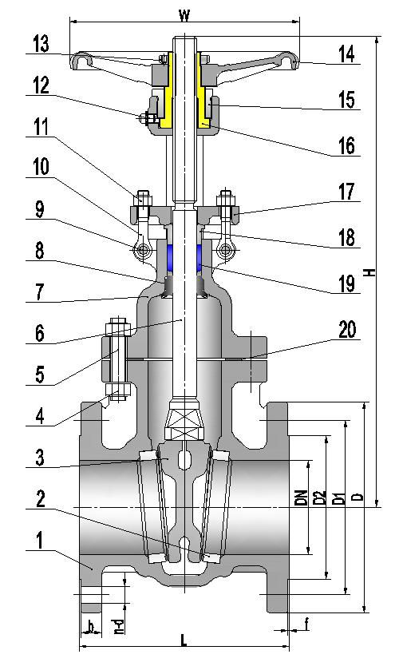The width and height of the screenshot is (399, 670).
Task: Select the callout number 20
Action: (x=347, y=330)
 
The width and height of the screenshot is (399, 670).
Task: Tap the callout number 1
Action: (x=38, y=541)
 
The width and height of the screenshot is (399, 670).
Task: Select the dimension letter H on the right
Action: (x=369, y=272)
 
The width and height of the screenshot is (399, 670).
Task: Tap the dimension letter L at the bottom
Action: (x=184, y=640)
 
